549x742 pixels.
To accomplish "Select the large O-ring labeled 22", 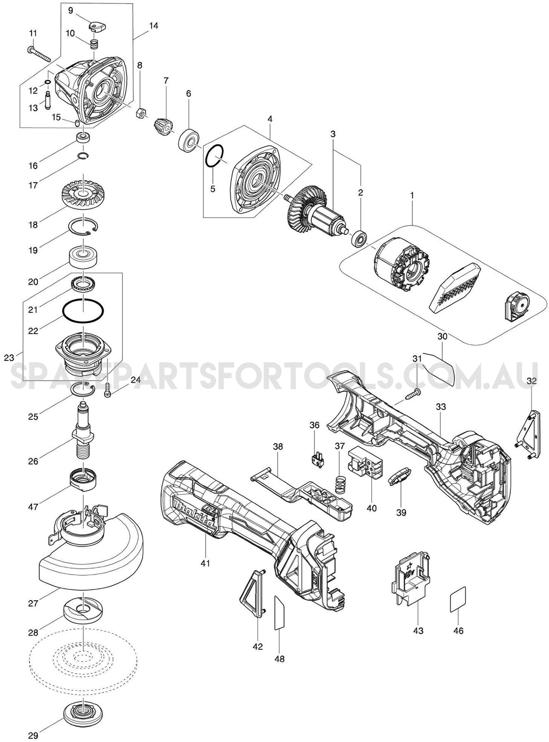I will coord(83,312).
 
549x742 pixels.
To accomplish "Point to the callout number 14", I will coord(153,26).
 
